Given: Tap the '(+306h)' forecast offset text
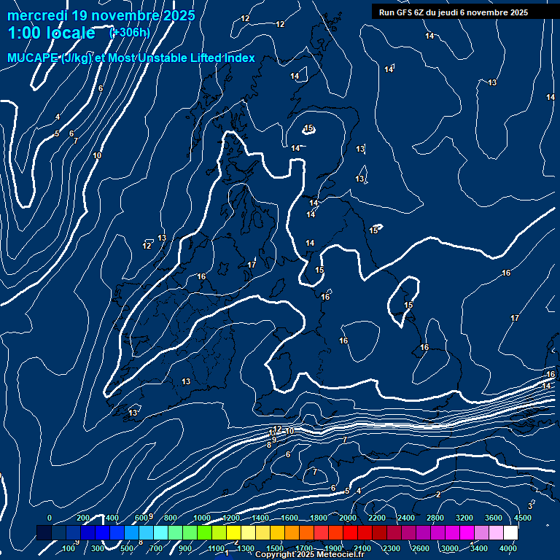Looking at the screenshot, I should (x=129, y=32).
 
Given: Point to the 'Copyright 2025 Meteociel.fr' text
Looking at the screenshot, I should (x=309, y=554).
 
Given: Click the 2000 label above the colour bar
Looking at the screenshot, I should (x=348, y=518).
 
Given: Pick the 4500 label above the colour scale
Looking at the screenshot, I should (x=523, y=518).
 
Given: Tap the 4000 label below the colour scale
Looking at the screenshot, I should (x=508, y=548).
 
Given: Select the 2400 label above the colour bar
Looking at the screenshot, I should (x=406, y=518).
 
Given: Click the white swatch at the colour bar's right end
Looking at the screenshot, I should (x=510, y=533).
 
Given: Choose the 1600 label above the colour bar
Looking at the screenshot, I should (x=289, y=518).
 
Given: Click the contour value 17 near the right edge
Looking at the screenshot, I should (x=515, y=318).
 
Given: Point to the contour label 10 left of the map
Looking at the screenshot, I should (x=97, y=155).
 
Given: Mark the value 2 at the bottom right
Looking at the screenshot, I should (x=438, y=494).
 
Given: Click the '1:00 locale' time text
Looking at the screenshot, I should (x=51, y=33).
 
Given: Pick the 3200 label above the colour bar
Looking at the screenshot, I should (x=464, y=518).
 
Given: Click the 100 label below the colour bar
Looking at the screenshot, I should (x=69, y=548).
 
